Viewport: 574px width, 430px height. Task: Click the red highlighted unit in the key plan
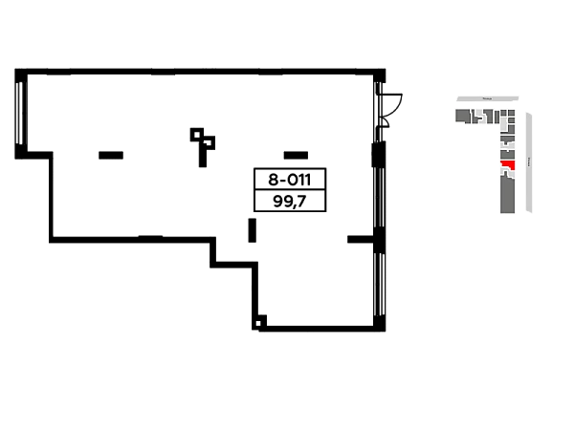507,164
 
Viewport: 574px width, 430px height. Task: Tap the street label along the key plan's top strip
486,98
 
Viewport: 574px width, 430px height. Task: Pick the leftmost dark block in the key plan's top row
462,116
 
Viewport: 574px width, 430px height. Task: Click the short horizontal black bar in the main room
111,152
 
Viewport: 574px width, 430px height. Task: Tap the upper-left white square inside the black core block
264,178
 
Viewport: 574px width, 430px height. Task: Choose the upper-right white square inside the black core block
313,178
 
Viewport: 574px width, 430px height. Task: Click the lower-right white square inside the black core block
313,200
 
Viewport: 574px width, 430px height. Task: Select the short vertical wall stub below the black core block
252,229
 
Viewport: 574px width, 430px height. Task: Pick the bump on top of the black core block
298,152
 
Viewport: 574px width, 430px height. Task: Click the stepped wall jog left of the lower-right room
230,263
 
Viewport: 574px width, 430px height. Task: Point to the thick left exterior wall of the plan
18,110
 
